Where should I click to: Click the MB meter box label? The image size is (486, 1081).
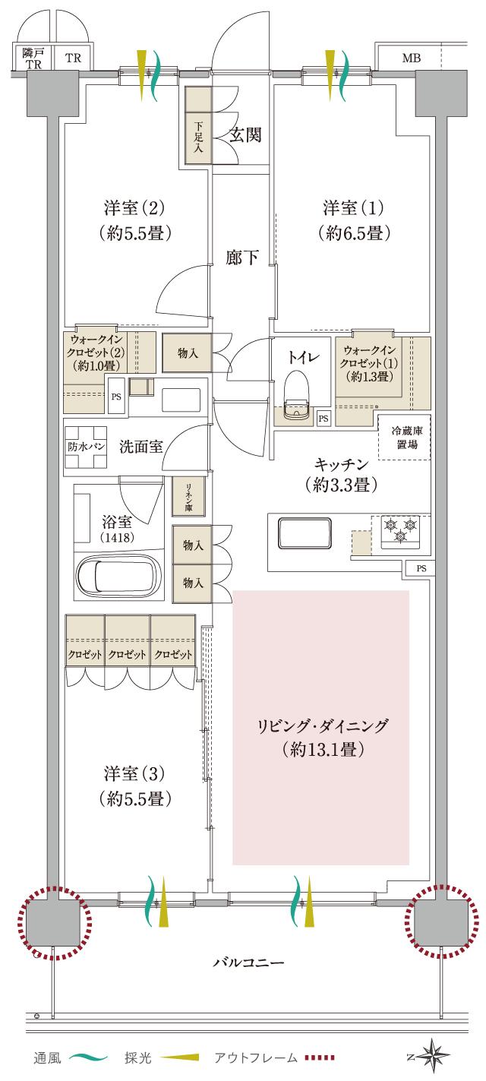[x=411, y=58]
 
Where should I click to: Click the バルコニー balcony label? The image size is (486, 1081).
[x=248, y=963]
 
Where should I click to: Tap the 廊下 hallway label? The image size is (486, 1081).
[x=242, y=258]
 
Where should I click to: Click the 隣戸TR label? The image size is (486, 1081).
[x=33, y=58]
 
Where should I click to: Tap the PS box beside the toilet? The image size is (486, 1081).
[x=323, y=418]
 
